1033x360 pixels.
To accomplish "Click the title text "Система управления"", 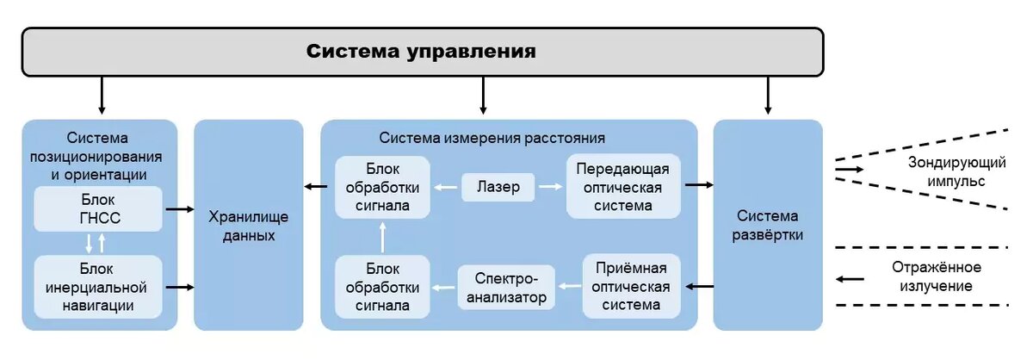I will [x=421, y=51].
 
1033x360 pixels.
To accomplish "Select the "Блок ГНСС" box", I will [x=97, y=209].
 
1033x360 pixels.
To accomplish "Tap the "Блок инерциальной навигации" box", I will [x=97, y=287].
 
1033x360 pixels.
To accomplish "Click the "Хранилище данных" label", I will [x=248, y=226].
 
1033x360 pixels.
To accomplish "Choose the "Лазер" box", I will [x=498, y=186].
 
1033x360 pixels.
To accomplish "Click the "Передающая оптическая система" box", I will [x=622, y=185].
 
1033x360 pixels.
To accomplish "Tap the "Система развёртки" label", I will [x=767, y=226].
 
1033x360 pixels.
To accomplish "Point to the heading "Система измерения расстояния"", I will [x=492, y=138].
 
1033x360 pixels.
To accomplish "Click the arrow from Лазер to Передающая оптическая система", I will [x=550, y=186].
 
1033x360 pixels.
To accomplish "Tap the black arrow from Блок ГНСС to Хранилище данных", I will [x=178, y=209].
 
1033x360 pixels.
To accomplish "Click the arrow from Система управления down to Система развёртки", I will [x=768, y=96].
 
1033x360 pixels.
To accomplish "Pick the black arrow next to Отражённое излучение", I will [x=851, y=278].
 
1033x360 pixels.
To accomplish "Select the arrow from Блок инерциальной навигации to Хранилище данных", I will [x=178, y=287].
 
